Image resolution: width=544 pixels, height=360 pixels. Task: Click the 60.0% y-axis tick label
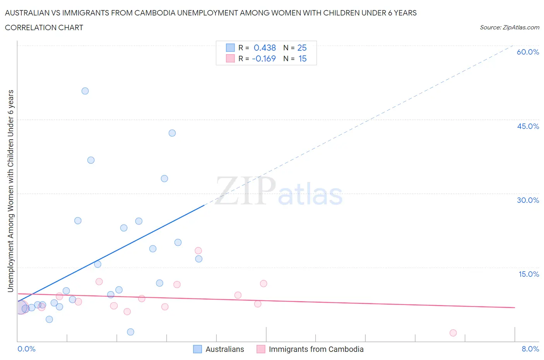tap(528, 52)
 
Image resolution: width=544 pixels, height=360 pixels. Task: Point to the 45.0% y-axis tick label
tap(528, 126)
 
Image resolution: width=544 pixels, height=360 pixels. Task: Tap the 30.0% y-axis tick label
tap(528, 200)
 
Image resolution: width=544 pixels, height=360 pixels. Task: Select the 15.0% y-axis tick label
tap(529, 274)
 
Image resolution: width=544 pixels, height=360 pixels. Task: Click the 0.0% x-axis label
tap(26, 349)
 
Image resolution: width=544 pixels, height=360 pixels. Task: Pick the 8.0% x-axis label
tap(530, 349)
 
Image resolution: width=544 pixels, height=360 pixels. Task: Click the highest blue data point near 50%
tap(85, 91)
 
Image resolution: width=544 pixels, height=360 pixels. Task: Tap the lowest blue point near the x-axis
tap(130, 332)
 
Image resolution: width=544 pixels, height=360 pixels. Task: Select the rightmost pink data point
tap(453, 333)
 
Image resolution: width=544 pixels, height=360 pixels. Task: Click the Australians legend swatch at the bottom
tap(197, 349)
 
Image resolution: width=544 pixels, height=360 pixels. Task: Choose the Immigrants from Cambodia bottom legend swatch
tap(261, 349)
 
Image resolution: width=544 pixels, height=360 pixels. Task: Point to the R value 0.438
tap(265, 48)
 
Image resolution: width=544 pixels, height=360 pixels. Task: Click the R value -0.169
tap(264, 58)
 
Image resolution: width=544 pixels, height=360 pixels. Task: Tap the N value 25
tap(302, 48)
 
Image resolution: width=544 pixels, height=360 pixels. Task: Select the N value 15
tap(302, 58)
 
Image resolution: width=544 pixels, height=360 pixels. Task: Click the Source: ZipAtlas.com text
tap(509, 27)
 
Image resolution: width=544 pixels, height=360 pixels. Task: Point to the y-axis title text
tap(10, 191)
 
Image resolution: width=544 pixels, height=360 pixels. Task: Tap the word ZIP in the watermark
tap(245, 191)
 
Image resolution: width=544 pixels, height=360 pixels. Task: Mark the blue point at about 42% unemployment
tap(172, 133)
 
